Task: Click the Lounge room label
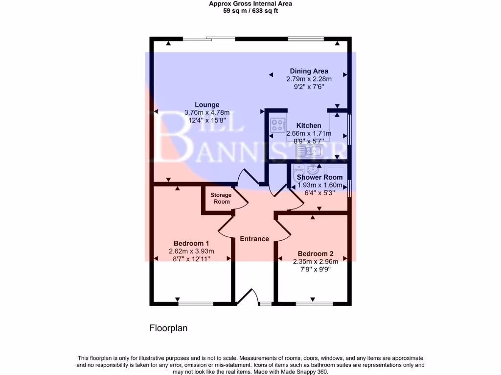pyautogui.click(x=207, y=104)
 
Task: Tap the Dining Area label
pyautogui.click(x=309, y=71)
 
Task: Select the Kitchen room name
pyautogui.click(x=309, y=125)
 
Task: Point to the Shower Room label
pyautogui.click(x=319, y=177)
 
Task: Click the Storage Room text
pyautogui.click(x=221, y=198)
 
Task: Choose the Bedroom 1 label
pyautogui.click(x=192, y=244)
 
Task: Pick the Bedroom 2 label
pyautogui.click(x=316, y=254)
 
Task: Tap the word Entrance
pyautogui.click(x=254, y=239)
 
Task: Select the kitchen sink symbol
pyautogui.click(x=309, y=151)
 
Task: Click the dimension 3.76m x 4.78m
pyautogui.click(x=207, y=112)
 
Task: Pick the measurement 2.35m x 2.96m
pyautogui.click(x=316, y=262)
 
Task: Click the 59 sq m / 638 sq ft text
pyautogui.click(x=250, y=10)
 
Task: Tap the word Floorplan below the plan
pyautogui.click(x=168, y=329)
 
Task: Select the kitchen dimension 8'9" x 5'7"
pyautogui.click(x=309, y=141)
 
